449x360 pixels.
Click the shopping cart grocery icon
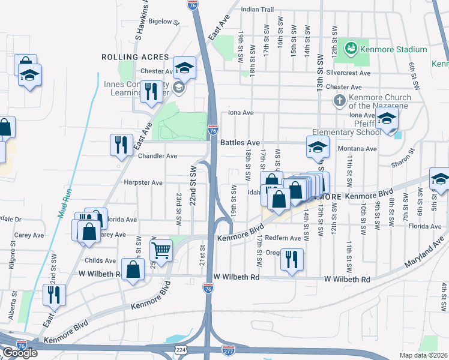click(161, 249)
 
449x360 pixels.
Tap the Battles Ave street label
click(240, 143)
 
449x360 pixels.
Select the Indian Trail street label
click(257, 10)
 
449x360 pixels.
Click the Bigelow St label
click(164, 22)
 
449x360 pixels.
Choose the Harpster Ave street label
click(143, 182)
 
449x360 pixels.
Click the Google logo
click(20, 353)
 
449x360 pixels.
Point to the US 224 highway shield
click(181, 349)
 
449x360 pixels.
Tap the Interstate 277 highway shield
click(228, 349)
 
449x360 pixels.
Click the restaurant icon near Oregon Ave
click(292, 259)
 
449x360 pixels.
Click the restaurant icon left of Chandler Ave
click(121, 145)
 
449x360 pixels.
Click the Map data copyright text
click(424, 355)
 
